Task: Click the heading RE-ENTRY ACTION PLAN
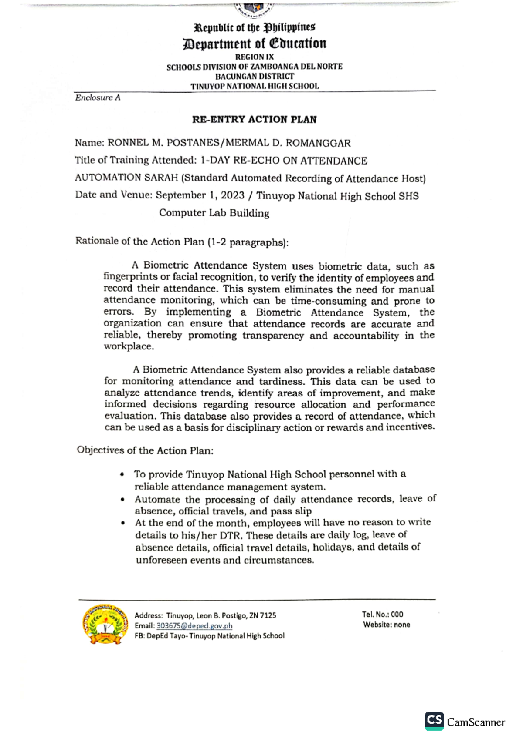(x=254, y=119)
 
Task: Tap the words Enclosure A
(x=98, y=97)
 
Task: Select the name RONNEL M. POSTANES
(x=165, y=143)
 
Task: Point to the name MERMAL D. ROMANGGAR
(x=288, y=143)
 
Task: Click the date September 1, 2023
(x=200, y=195)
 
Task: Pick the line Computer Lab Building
(x=214, y=213)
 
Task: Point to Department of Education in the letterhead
(x=254, y=44)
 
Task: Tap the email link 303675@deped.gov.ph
(x=194, y=626)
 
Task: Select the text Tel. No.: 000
(x=382, y=615)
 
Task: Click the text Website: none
(x=386, y=625)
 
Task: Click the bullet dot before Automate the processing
(x=123, y=500)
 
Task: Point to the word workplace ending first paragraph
(x=128, y=346)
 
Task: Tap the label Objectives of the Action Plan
(x=145, y=450)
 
